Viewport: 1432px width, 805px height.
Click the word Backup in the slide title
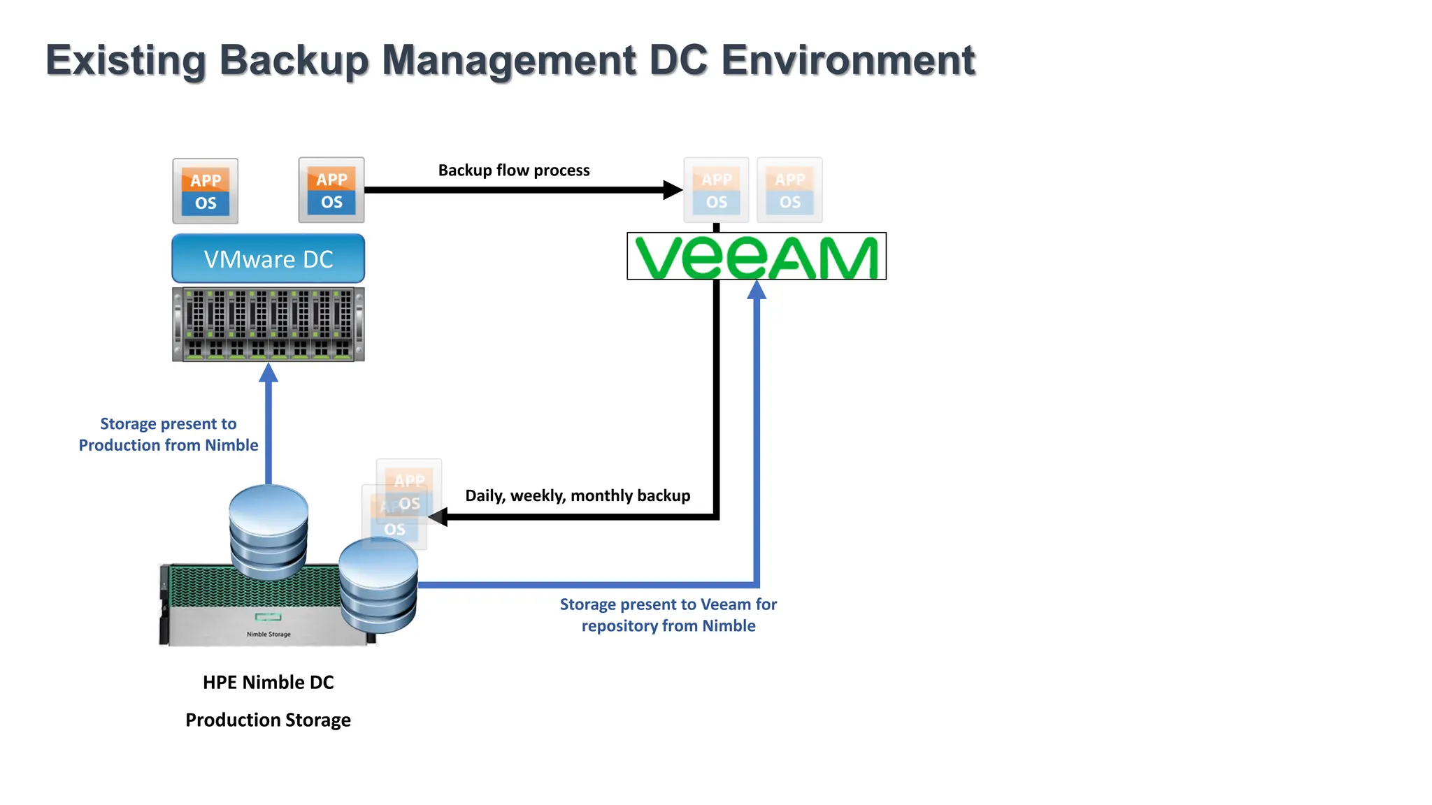293,61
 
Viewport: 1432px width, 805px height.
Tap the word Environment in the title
847,60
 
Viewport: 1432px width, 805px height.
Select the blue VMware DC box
268,259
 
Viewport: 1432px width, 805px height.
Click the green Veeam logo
757,256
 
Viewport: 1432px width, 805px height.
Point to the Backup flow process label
514,171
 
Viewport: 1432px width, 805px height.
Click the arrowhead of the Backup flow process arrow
672,189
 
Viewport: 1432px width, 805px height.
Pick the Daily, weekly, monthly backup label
578,495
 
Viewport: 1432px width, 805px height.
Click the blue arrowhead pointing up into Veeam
757,289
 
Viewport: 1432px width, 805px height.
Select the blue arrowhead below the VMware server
268,373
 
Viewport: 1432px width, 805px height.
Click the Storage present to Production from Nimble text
169,434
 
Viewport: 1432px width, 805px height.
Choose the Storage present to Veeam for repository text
668,615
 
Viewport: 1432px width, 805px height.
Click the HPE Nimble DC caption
268,682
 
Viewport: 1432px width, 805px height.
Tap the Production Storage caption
268,720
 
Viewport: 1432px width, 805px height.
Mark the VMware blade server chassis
268,324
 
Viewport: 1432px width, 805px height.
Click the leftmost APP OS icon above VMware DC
206,191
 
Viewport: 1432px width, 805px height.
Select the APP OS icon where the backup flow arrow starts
331,190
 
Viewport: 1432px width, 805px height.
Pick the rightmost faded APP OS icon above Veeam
789,190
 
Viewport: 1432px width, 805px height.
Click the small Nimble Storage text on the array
268,634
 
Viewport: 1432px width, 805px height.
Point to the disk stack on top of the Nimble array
268,531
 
